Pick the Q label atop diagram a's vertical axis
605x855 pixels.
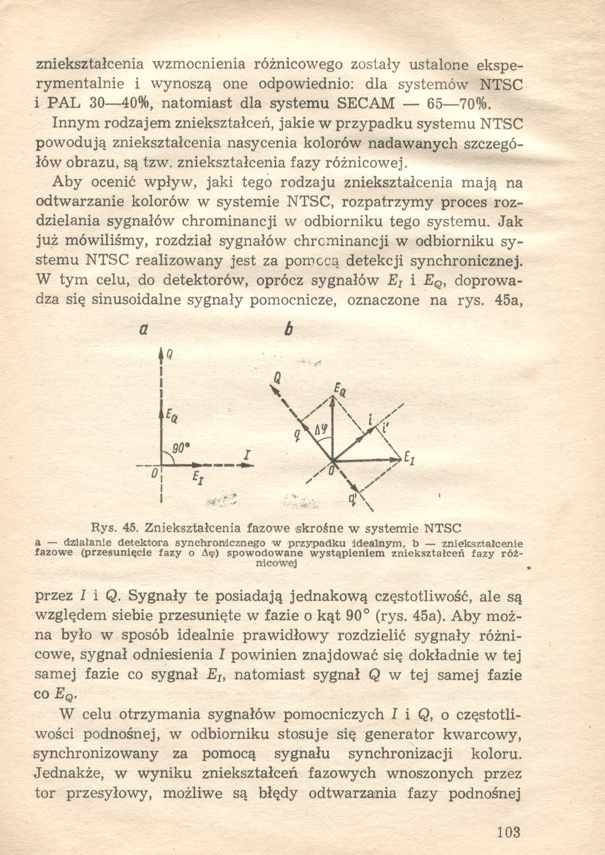(169, 355)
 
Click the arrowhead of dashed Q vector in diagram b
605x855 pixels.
(275, 390)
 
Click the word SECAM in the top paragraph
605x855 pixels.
(365, 103)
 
